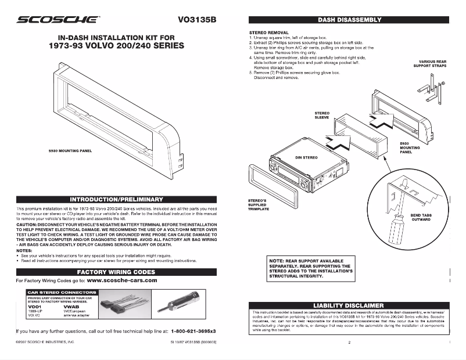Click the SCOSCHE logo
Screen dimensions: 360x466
pos(57,19)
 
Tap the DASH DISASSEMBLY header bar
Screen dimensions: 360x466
pos(349,19)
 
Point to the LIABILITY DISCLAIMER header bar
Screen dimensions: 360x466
pos(349,305)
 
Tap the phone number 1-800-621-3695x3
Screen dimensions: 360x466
pos(193,331)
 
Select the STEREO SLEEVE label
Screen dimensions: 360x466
pos(322,115)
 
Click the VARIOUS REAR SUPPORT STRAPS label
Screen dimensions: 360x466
pos(432,64)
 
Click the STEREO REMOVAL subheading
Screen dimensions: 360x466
pos(269,33)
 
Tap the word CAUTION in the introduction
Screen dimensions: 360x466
pos(27,224)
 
